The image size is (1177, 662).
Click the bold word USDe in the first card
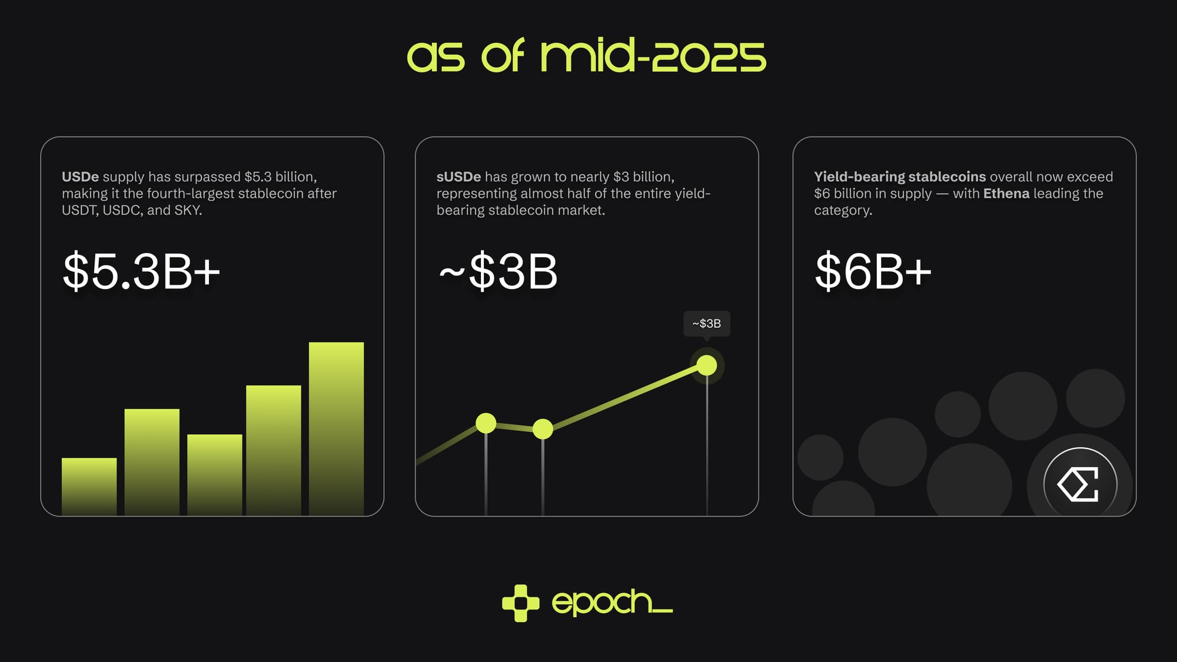click(x=80, y=177)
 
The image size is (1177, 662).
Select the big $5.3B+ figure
click(x=141, y=271)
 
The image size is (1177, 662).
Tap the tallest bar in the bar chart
click(x=336, y=429)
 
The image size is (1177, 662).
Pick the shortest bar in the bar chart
click(x=89, y=487)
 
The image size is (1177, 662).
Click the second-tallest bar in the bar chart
click(x=273, y=451)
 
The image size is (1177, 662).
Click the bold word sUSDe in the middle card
click(x=458, y=177)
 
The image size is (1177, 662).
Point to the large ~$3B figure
click(x=498, y=271)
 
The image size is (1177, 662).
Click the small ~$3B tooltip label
click(x=707, y=324)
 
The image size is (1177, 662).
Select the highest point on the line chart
click(x=707, y=365)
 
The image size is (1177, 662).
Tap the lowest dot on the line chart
click(x=543, y=429)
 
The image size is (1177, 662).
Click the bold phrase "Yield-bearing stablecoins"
click(x=900, y=177)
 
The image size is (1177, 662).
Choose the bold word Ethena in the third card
click(x=1006, y=194)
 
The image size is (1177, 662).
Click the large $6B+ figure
click(x=873, y=271)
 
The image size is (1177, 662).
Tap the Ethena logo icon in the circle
click(x=1080, y=484)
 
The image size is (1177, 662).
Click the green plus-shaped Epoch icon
click(x=521, y=603)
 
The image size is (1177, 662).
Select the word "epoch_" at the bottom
click(x=612, y=603)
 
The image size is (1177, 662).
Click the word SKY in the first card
click(x=187, y=210)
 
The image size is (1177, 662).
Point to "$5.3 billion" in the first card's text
click(x=280, y=177)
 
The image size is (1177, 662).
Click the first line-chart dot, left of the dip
click(x=486, y=423)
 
